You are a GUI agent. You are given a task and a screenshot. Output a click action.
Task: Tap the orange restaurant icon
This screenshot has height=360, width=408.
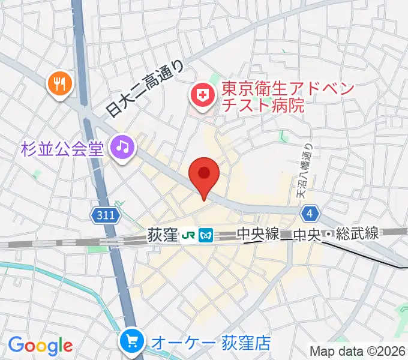coord(59,83)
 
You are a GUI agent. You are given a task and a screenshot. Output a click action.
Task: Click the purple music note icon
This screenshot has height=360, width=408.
coord(123,146)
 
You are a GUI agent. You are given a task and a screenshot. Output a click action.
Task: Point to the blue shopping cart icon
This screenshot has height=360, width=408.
coord(131,343)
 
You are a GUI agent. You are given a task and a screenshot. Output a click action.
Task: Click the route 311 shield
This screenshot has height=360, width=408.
coord(103,215)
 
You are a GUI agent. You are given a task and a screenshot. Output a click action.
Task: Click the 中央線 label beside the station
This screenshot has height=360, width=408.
coord(257,234)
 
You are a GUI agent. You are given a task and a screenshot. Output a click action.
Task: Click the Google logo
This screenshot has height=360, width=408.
coord(41,346)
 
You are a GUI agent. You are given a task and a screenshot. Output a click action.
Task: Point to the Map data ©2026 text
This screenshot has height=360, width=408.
coord(358,351)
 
